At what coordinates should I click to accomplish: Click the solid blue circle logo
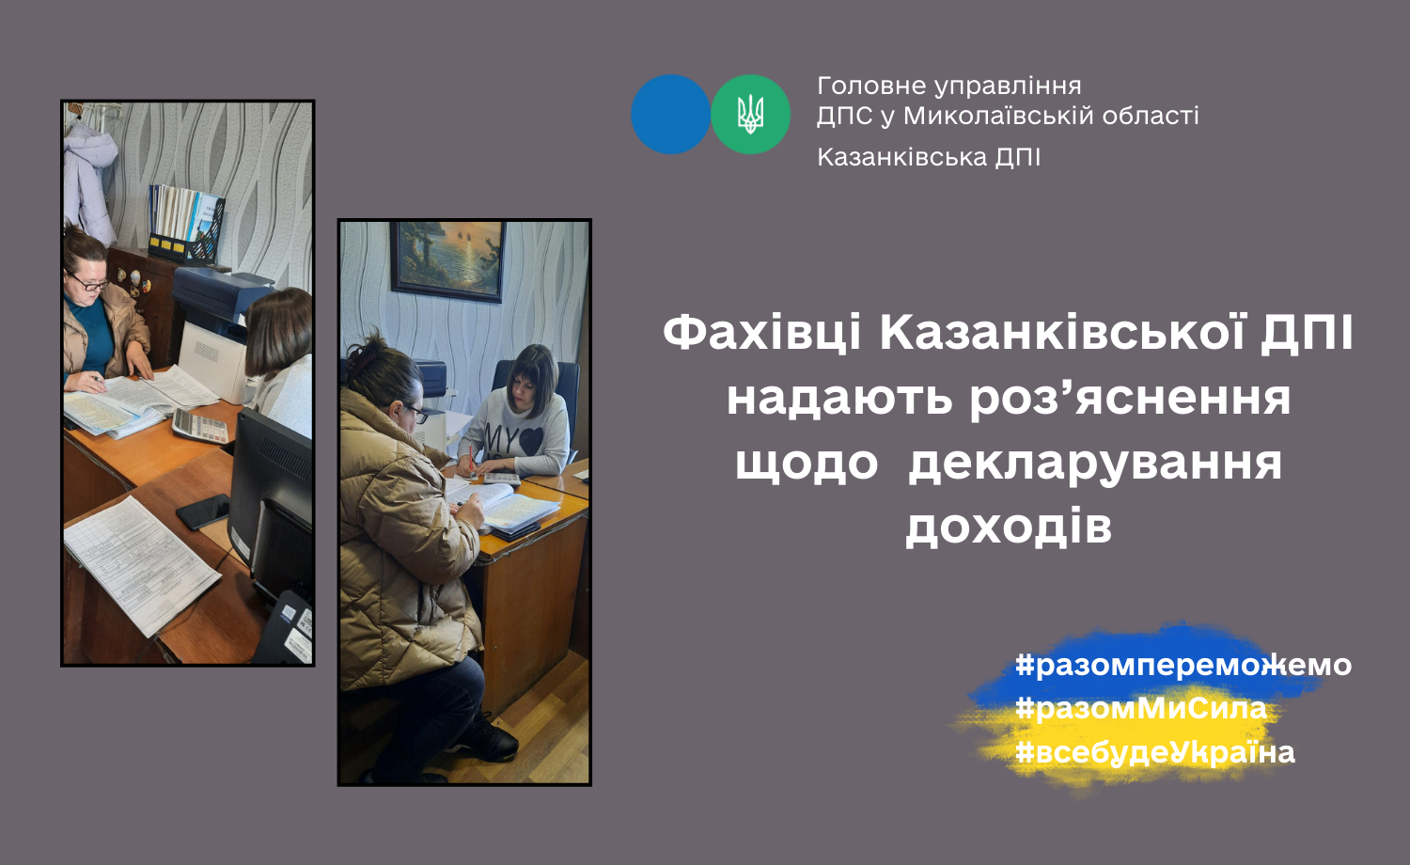click(670, 114)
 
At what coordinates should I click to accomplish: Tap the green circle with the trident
click(750, 114)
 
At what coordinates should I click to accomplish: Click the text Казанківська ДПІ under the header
click(929, 157)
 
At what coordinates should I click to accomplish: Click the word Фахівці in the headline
click(761, 333)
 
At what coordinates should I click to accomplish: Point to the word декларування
click(1095, 463)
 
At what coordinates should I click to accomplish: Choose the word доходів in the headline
click(1009, 527)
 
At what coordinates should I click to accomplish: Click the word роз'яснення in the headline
click(1130, 400)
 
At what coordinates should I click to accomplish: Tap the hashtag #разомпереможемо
click(1183, 666)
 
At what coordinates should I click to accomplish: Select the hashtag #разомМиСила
click(1140, 708)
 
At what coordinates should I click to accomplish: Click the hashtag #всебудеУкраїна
click(1155, 752)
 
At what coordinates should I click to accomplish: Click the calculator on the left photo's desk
click(200, 426)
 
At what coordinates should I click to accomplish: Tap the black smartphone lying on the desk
click(203, 511)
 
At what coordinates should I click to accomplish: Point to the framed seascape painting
click(447, 260)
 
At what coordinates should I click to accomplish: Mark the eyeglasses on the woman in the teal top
click(90, 283)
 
